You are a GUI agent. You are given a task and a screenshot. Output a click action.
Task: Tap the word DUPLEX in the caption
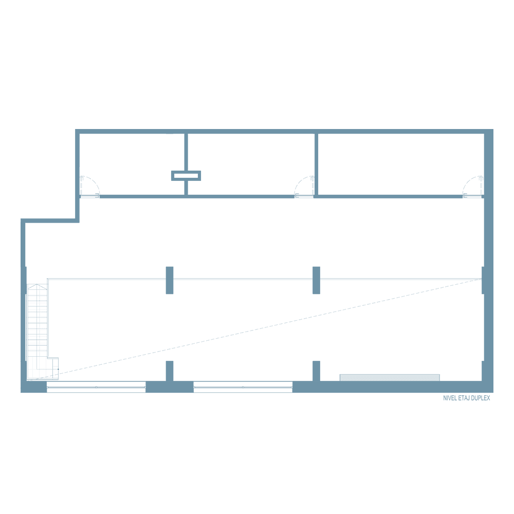click(481, 398)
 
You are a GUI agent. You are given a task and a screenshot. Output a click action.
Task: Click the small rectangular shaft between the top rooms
click(186, 176)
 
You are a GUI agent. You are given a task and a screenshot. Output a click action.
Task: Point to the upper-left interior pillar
click(170, 280)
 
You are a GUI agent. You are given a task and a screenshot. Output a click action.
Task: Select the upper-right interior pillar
click(316, 280)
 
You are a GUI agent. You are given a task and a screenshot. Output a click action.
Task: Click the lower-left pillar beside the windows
click(170, 371)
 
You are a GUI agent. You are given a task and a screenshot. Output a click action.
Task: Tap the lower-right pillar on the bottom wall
click(316, 371)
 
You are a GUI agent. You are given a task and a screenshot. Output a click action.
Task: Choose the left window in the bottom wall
click(96, 387)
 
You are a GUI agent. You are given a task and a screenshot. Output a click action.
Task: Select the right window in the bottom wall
click(243, 387)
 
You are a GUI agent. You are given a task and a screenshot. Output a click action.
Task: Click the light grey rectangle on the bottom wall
click(390, 378)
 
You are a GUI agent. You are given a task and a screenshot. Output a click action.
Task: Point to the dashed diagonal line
click(255, 329)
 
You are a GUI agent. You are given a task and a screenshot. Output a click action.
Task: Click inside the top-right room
click(401, 164)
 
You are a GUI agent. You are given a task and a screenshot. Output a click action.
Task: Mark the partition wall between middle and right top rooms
click(316, 164)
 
